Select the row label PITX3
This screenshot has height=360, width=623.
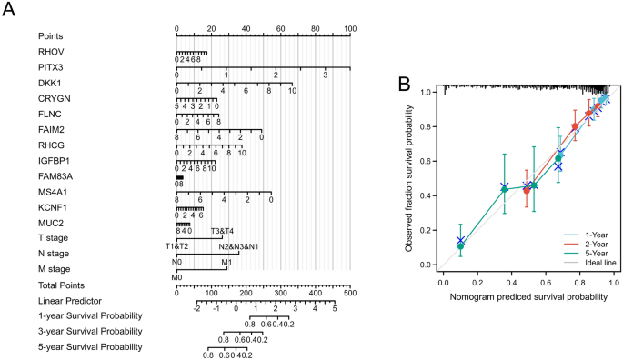point(51,67)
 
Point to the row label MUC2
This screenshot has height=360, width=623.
point(50,223)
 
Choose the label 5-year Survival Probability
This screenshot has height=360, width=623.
point(90,346)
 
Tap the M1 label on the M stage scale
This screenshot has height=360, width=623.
point(226,262)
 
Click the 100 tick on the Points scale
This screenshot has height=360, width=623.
point(350,30)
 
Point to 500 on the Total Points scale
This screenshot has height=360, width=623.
point(350,294)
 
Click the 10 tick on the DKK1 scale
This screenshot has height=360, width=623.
point(291,92)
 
